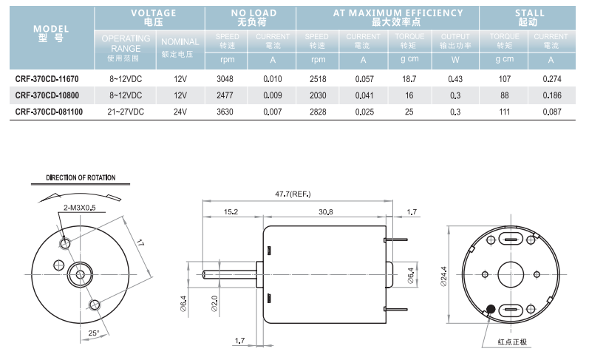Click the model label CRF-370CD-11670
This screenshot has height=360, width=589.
tap(47, 78)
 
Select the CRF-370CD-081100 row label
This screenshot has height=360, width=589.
tap(49, 112)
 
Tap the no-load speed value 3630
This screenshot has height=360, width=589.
tap(225, 112)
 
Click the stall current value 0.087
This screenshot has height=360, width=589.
tap(551, 112)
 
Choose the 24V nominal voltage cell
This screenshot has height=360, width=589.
tap(180, 112)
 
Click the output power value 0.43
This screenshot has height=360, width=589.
tap(454, 78)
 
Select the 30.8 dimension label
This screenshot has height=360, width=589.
tap(325, 211)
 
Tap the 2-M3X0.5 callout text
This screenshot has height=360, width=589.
tap(79, 208)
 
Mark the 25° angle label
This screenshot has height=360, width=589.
tap(93, 333)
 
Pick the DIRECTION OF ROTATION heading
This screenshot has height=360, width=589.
tap(81, 177)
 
